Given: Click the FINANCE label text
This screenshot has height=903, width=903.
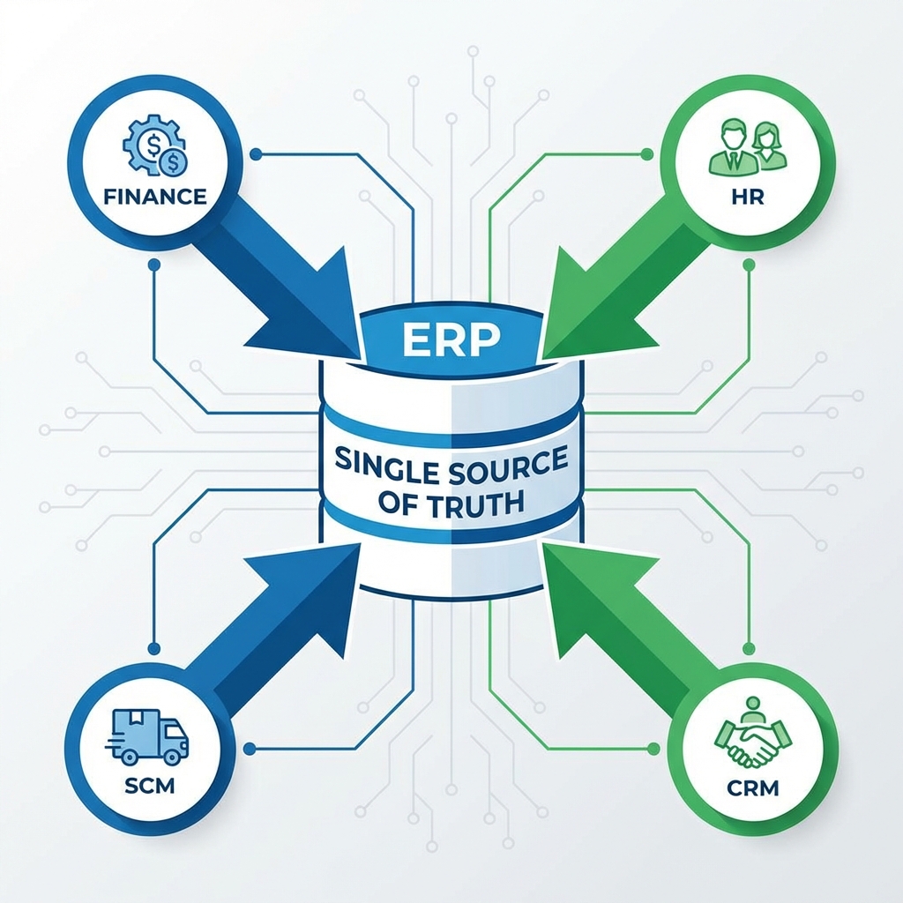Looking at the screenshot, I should [154, 196].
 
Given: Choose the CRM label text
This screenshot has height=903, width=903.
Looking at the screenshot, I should [754, 787].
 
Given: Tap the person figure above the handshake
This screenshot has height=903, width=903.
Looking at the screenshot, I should [752, 709].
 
